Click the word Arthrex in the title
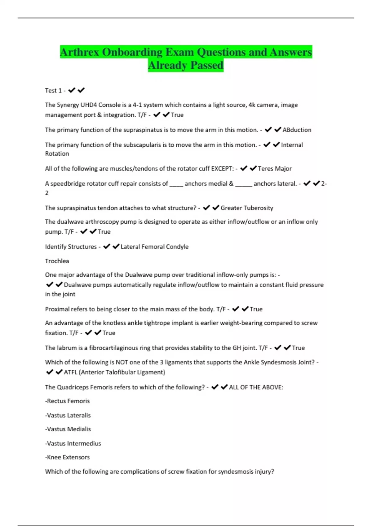click(80, 52)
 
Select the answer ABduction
click(297, 130)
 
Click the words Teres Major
click(275, 169)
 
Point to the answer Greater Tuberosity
click(247, 208)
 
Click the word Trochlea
click(57, 261)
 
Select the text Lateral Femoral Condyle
click(154, 247)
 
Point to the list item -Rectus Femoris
click(67, 401)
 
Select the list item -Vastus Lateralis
click(68, 415)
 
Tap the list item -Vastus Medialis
click(68, 429)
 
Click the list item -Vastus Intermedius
click(73, 443)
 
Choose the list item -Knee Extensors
click(67, 457)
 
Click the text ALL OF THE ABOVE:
click(256, 387)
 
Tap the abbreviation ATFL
click(70, 372)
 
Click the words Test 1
click(53, 91)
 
